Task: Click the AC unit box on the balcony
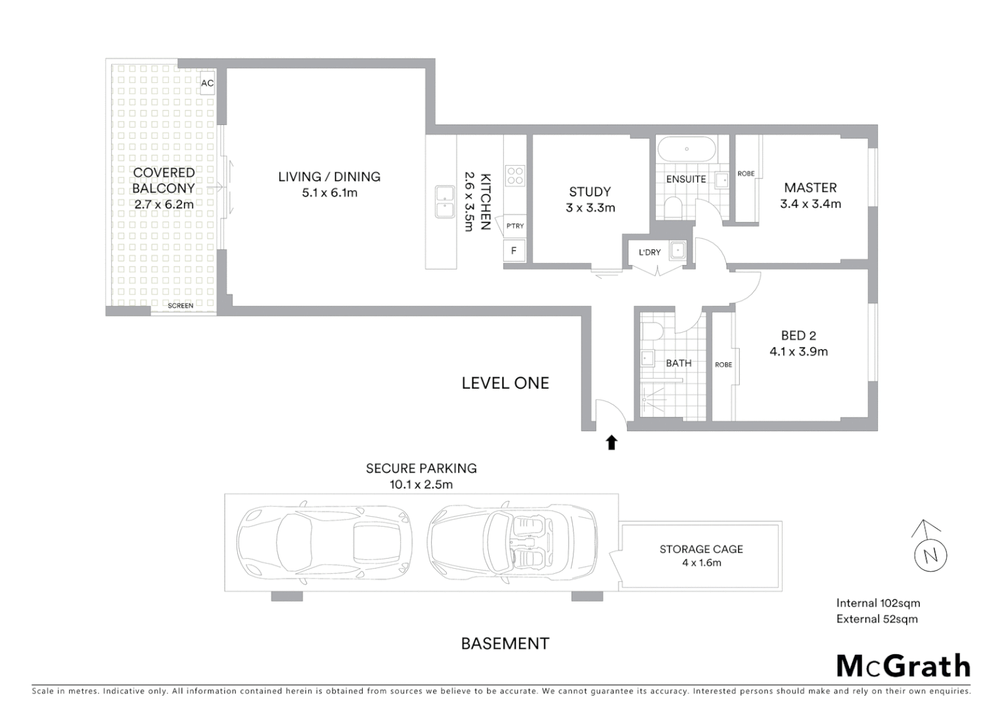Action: (x=208, y=83)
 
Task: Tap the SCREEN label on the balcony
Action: (x=181, y=306)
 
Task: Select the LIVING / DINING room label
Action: (x=329, y=177)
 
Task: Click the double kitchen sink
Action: (x=445, y=202)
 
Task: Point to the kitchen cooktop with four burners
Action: (x=515, y=175)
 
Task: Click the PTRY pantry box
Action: (x=515, y=226)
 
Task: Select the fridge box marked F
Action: (x=514, y=251)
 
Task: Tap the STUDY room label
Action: (x=590, y=192)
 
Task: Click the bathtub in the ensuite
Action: (x=687, y=149)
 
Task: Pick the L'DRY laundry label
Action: (x=650, y=252)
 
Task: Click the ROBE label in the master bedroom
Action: (x=746, y=174)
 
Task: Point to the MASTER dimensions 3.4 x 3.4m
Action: (x=810, y=204)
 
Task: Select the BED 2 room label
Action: (x=798, y=336)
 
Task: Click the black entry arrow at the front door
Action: (x=612, y=442)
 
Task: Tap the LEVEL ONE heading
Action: (x=505, y=383)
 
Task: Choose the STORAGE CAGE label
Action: (x=701, y=549)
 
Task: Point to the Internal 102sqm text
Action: (x=878, y=603)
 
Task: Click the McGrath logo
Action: (x=903, y=667)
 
